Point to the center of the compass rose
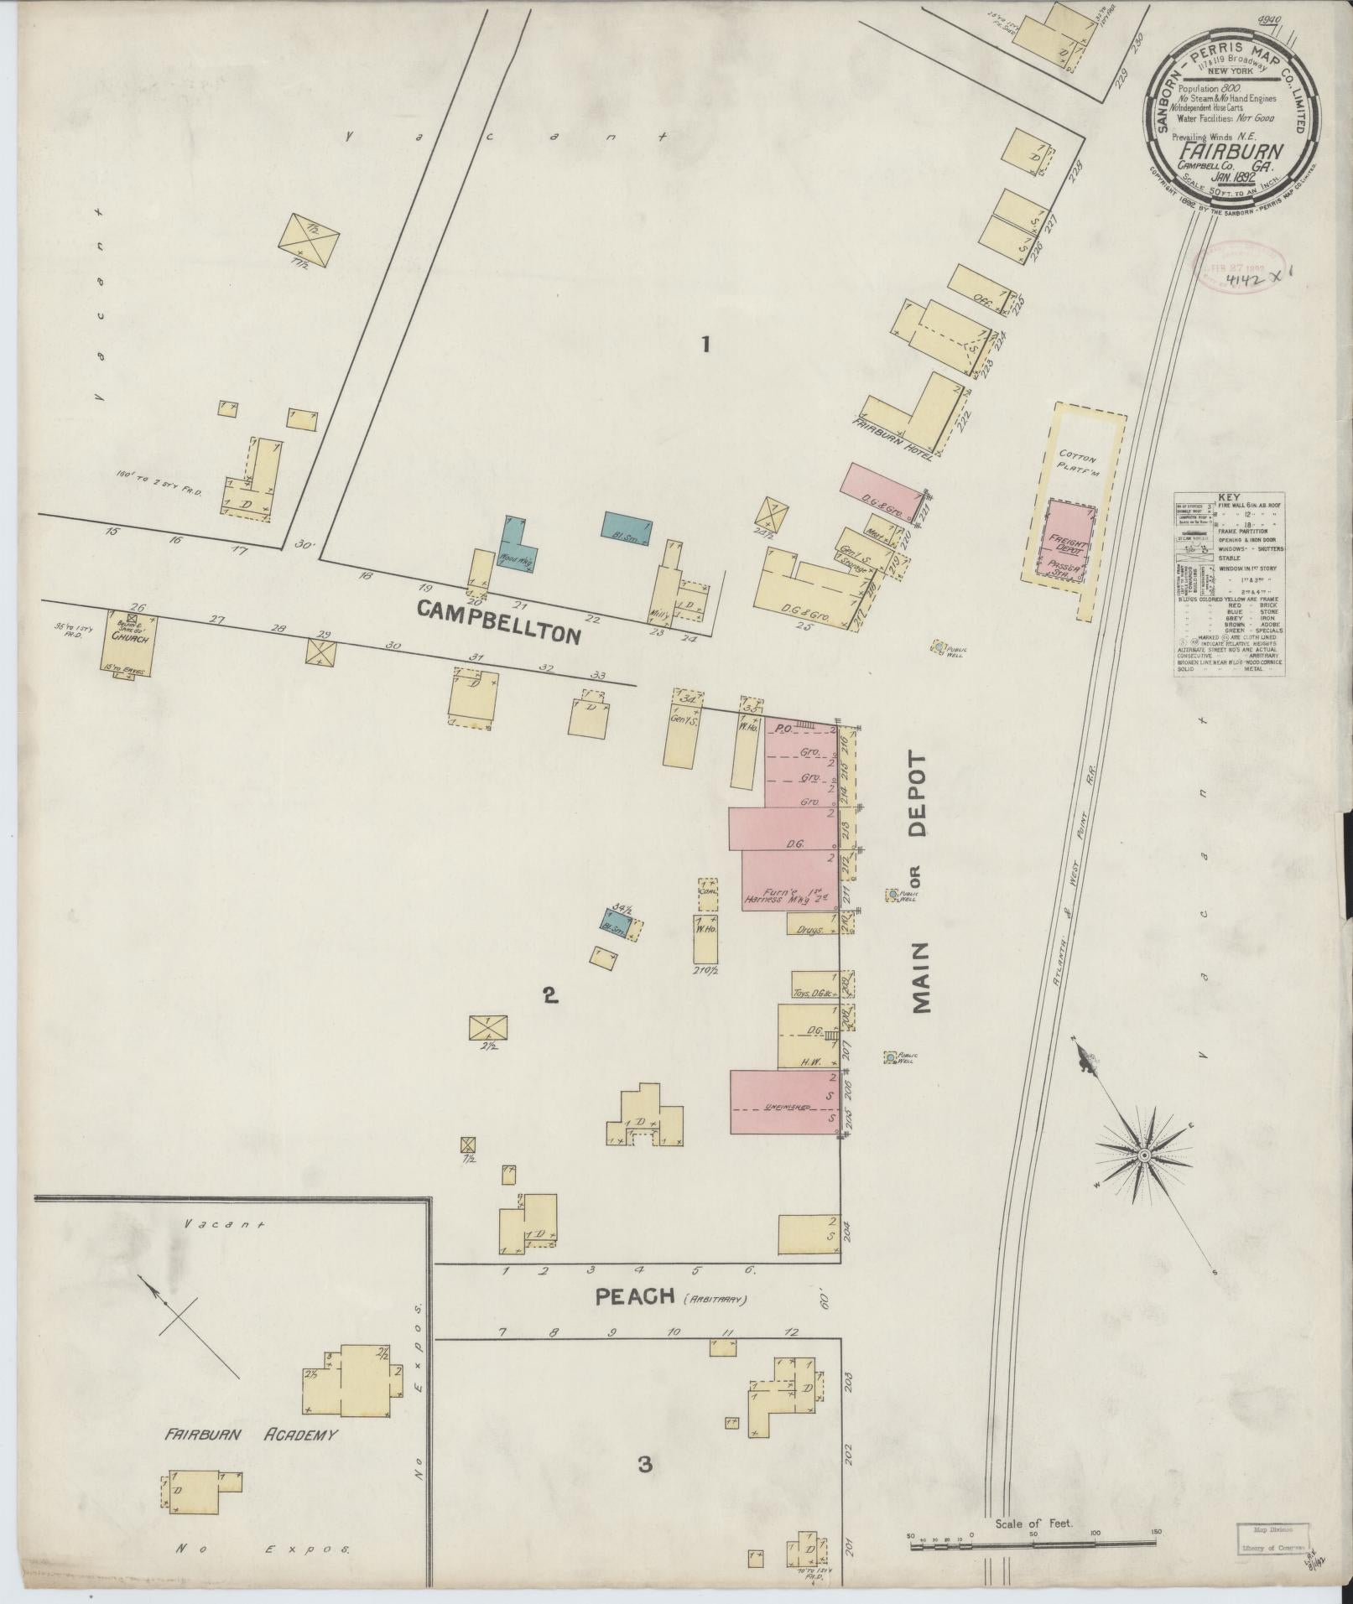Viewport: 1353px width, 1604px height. pyautogui.click(x=1143, y=1155)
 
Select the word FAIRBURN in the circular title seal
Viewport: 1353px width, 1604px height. pyautogui.click(x=1226, y=153)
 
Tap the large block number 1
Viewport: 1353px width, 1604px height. pyautogui.click(x=705, y=344)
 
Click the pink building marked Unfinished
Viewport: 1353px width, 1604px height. pyautogui.click(x=784, y=1101)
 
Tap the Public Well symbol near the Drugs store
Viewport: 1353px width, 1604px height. pyautogui.click(x=892, y=895)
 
